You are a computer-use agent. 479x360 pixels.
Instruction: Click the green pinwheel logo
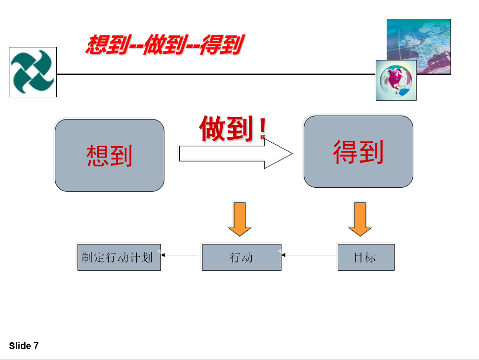[x=33, y=72]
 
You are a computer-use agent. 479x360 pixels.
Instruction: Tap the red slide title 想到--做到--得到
[x=164, y=45]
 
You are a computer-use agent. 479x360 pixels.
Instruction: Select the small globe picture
[x=396, y=80]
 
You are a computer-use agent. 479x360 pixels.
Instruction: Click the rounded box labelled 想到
[x=110, y=155]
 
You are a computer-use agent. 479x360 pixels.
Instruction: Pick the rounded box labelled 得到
[x=359, y=152]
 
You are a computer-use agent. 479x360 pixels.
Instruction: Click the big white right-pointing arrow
[x=236, y=154]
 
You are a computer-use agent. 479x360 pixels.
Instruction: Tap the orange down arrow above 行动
[x=239, y=219]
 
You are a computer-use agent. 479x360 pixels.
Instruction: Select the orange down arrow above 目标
[x=360, y=219]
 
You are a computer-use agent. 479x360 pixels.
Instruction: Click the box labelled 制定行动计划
[x=119, y=257]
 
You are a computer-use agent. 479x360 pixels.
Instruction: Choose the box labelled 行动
[x=241, y=257]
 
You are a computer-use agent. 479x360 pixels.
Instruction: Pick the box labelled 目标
[x=366, y=257]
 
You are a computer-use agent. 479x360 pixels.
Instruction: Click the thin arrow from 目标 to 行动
[x=310, y=255]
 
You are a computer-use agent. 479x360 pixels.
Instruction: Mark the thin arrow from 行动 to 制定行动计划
[x=180, y=255]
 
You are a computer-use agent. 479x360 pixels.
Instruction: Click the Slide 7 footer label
[x=24, y=346]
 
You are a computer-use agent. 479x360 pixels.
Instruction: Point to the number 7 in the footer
[x=36, y=346]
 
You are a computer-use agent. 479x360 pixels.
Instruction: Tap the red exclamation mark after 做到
[x=262, y=128]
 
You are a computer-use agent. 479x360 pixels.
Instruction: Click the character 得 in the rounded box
[x=345, y=152]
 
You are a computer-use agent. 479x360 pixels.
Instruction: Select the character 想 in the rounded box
[x=97, y=156]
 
